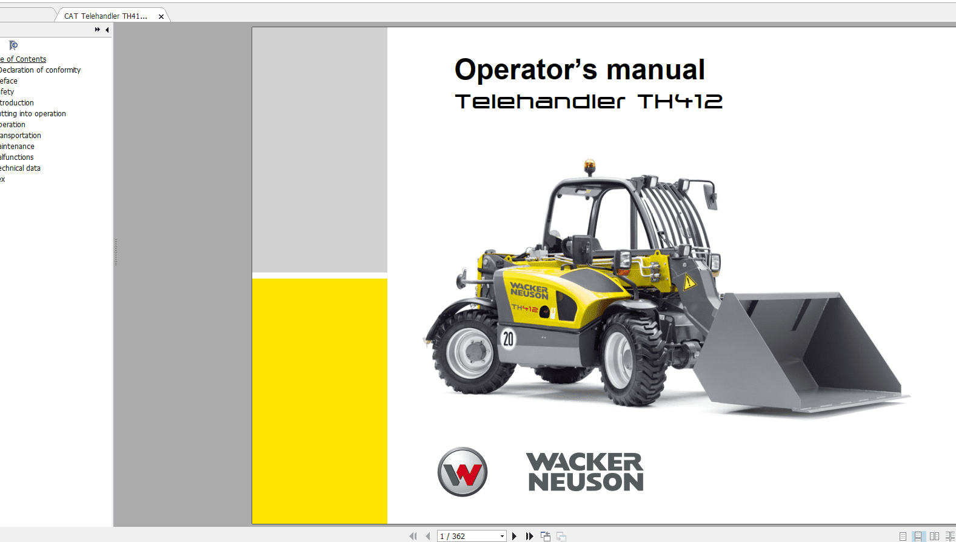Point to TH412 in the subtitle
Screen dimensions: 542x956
680,102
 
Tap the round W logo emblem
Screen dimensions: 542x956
463,472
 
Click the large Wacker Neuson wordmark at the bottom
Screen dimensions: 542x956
585,472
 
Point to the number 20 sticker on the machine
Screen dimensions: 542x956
508,339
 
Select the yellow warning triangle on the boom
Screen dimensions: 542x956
689,282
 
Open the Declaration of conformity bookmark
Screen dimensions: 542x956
41,70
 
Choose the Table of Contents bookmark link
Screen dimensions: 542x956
24,59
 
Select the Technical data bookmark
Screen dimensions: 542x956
21,168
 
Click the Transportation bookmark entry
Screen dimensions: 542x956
21,136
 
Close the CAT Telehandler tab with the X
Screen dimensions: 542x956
161,16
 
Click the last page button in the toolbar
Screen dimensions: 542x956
529,536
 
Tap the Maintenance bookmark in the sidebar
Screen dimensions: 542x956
18,147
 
